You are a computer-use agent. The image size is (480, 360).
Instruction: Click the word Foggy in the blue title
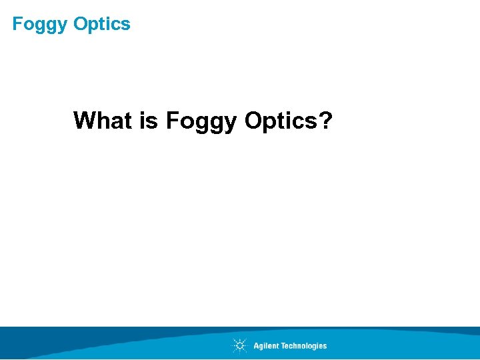click(x=41, y=25)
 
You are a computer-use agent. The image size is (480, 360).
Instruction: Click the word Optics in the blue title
click(x=102, y=25)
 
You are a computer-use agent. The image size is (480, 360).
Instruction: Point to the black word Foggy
click(x=201, y=122)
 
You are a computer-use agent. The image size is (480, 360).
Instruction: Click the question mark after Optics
click(x=326, y=121)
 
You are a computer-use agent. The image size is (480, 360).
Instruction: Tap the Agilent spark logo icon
click(x=239, y=345)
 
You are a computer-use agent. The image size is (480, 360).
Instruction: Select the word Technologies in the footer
click(x=303, y=346)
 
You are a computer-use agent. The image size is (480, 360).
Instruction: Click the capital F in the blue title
click(x=17, y=24)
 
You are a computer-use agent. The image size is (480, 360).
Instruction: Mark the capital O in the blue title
click(x=81, y=24)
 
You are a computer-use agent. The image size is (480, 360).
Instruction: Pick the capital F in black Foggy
click(x=172, y=121)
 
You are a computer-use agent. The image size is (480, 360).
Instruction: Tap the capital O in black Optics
click(x=255, y=121)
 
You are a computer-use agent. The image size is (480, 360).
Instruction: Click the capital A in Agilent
click(x=257, y=346)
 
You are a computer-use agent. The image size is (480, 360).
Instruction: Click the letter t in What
click(x=128, y=121)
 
